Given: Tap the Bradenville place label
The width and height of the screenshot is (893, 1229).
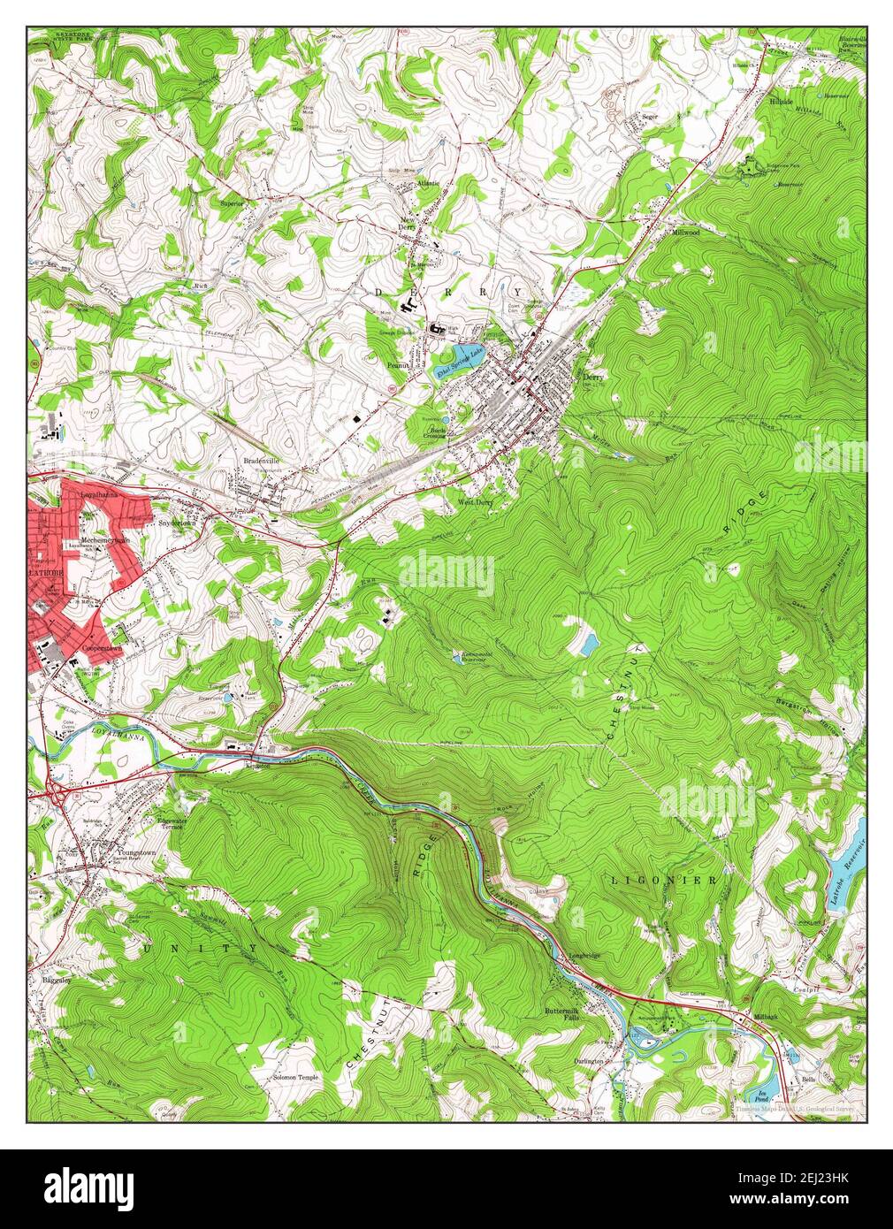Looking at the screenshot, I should click(x=263, y=461).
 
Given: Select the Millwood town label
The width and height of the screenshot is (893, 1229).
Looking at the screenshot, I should click(x=685, y=232).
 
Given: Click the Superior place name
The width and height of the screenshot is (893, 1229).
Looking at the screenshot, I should click(x=233, y=202).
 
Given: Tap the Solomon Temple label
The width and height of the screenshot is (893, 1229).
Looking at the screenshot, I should click(x=295, y=1078).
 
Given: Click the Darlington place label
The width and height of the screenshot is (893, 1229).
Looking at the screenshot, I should click(x=588, y=1060).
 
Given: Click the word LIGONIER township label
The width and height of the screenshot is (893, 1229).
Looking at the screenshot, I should click(x=663, y=881).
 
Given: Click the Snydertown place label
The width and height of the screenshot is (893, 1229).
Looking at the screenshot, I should click(x=176, y=523).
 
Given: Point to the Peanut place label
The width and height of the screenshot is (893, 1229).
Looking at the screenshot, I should click(x=399, y=363).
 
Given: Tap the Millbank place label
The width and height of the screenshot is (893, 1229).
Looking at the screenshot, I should click(x=765, y=1019).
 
